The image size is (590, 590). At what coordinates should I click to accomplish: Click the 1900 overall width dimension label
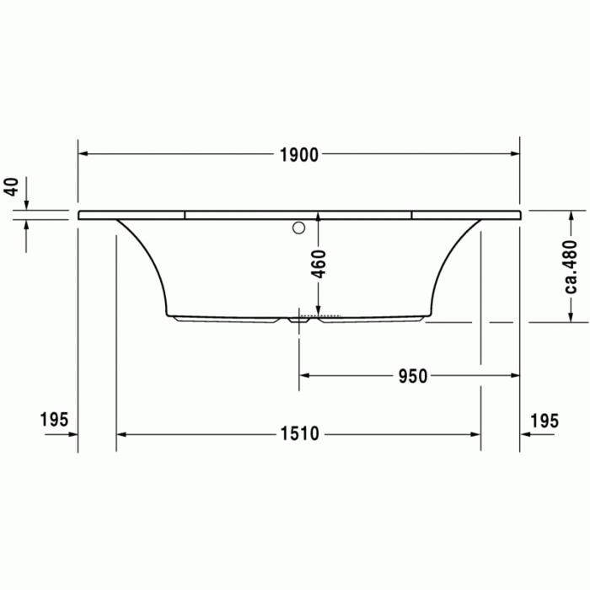click(x=299, y=154)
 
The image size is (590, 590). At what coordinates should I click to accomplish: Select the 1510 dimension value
click(x=299, y=434)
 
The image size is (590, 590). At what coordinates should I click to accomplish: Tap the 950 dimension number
click(x=413, y=353)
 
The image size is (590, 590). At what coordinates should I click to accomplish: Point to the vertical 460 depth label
click(x=318, y=264)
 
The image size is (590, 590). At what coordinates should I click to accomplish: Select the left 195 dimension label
click(x=53, y=421)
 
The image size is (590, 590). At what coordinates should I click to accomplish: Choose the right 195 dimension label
click(x=544, y=421)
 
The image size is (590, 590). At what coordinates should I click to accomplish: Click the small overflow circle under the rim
click(x=298, y=228)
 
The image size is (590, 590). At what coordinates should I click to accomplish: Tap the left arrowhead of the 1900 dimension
click(x=83, y=154)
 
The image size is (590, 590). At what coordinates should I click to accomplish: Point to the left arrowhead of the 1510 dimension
click(x=121, y=434)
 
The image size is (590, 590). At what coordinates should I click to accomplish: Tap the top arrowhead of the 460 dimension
click(x=318, y=217)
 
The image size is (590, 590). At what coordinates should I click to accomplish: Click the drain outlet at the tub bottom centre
click(x=298, y=319)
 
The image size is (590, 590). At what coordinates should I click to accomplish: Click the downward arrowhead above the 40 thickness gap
click(x=26, y=206)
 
